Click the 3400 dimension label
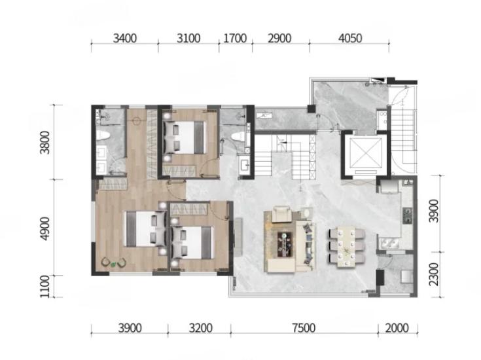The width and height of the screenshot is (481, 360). pos(125,39)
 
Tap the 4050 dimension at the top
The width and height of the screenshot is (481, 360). pos(350,39)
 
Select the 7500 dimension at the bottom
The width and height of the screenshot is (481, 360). pos(304,328)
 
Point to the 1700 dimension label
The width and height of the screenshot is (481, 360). pos(236,39)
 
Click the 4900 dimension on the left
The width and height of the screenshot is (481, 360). pos(45,228)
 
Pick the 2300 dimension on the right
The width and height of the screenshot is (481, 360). pos(434,274)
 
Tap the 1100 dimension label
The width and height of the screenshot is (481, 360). pos(45,286)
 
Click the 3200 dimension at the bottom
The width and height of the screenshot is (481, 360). pos(201,328)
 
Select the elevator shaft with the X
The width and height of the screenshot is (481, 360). pos(365,154)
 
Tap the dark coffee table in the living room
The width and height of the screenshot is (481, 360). pos(285,244)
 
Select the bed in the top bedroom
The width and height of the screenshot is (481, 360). pos(185,137)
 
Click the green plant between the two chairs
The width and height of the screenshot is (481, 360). pos(113,264)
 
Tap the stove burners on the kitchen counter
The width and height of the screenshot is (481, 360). pos(407,215)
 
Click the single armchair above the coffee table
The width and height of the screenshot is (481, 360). pos(281,213)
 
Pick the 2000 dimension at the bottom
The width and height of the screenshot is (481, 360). pos(397,328)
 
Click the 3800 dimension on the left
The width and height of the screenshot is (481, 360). pos(45,143)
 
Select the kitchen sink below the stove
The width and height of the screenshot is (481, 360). pos(389,243)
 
